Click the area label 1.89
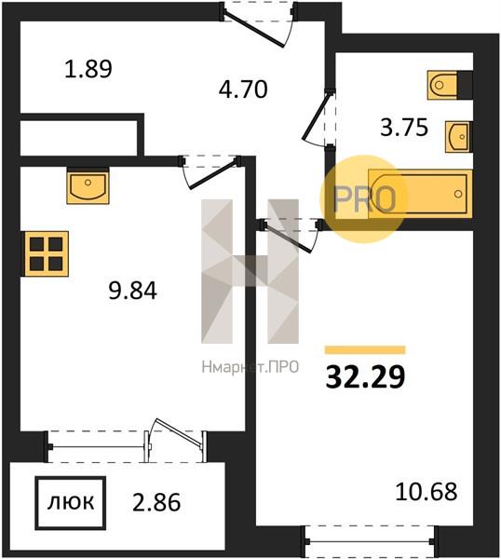click(88, 69)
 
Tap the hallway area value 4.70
click(243, 89)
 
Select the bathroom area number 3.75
click(404, 128)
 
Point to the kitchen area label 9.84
click(132, 290)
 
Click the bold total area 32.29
click(366, 377)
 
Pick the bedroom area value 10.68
click(427, 491)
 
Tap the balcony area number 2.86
click(156, 502)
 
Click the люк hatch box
click(71, 503)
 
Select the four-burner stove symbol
click(47, 253)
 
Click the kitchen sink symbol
click(88, 186)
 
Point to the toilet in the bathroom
click(442, 85)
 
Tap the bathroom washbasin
click(459, 137)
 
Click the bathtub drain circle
click(458, 194)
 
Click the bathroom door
click(315, 117)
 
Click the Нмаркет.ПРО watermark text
click(250, 367)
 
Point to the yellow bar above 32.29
click(365, 349)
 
